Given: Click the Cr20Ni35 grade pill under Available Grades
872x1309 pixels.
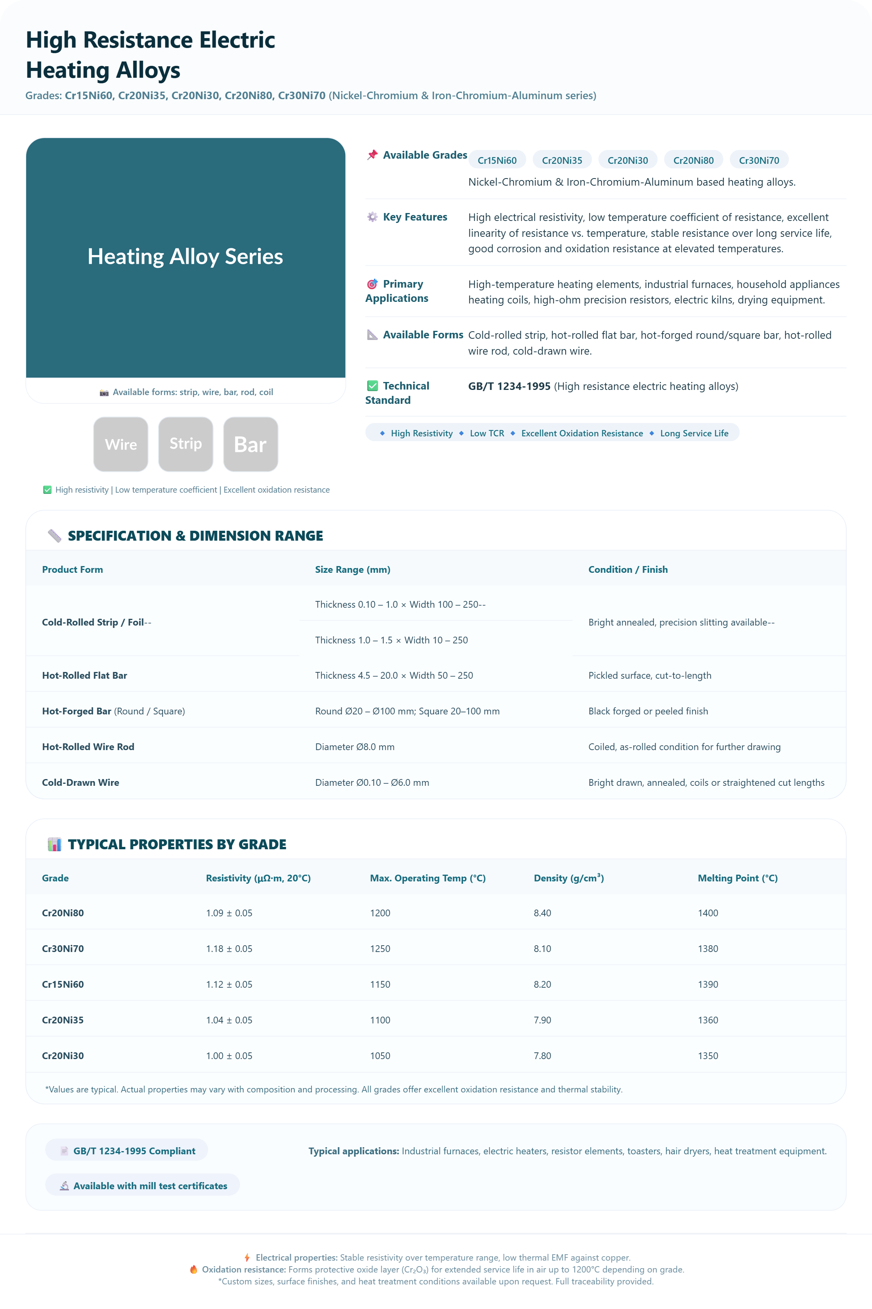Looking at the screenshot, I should (x=562, y=160).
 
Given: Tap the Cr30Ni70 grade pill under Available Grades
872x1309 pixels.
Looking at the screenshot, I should (x=759, y=160).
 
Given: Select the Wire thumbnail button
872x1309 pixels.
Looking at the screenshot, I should (x=120, y=444).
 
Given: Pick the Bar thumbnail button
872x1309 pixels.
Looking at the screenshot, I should (x=250, y=444).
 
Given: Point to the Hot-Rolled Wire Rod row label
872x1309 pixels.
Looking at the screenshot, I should (x=88, y=747).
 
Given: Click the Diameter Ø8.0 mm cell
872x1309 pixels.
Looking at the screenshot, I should (x=355, y=747).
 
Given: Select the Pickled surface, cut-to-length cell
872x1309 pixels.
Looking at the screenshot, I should (x=650, y=676).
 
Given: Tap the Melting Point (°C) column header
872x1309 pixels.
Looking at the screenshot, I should (x=737, y=878).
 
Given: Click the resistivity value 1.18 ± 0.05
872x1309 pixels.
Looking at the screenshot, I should (x=229, y=949).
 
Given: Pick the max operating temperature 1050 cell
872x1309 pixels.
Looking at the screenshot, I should (x=380, y=1056).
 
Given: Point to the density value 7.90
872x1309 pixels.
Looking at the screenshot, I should (x=542, y=1020).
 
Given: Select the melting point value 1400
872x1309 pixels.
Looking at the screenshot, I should (x=708, y=913).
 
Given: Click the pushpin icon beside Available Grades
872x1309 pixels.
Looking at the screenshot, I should (x=372, y=155).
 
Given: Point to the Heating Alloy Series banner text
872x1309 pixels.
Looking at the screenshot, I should (x=185, y=257).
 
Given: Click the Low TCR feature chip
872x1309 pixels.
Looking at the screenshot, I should (x=487, y=434).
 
